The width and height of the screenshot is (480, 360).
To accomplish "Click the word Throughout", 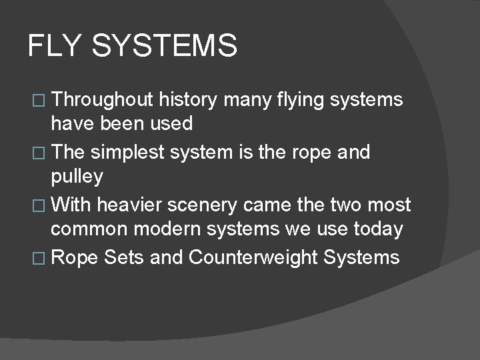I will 103,100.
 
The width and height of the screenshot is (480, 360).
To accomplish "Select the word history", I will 188,100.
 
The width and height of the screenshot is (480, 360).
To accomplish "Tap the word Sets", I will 123,257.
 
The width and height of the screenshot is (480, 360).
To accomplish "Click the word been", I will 121,123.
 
